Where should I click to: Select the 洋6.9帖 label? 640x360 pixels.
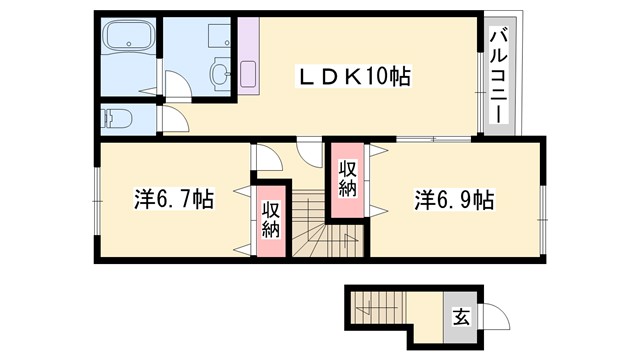tap(454, 199)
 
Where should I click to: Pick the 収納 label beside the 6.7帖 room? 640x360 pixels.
tap(271, 219)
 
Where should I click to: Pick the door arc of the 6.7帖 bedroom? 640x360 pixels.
tap(266, 158)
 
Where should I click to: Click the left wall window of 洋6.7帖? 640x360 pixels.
tap(97, 200)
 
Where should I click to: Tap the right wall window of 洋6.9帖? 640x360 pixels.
tap(545, 206)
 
